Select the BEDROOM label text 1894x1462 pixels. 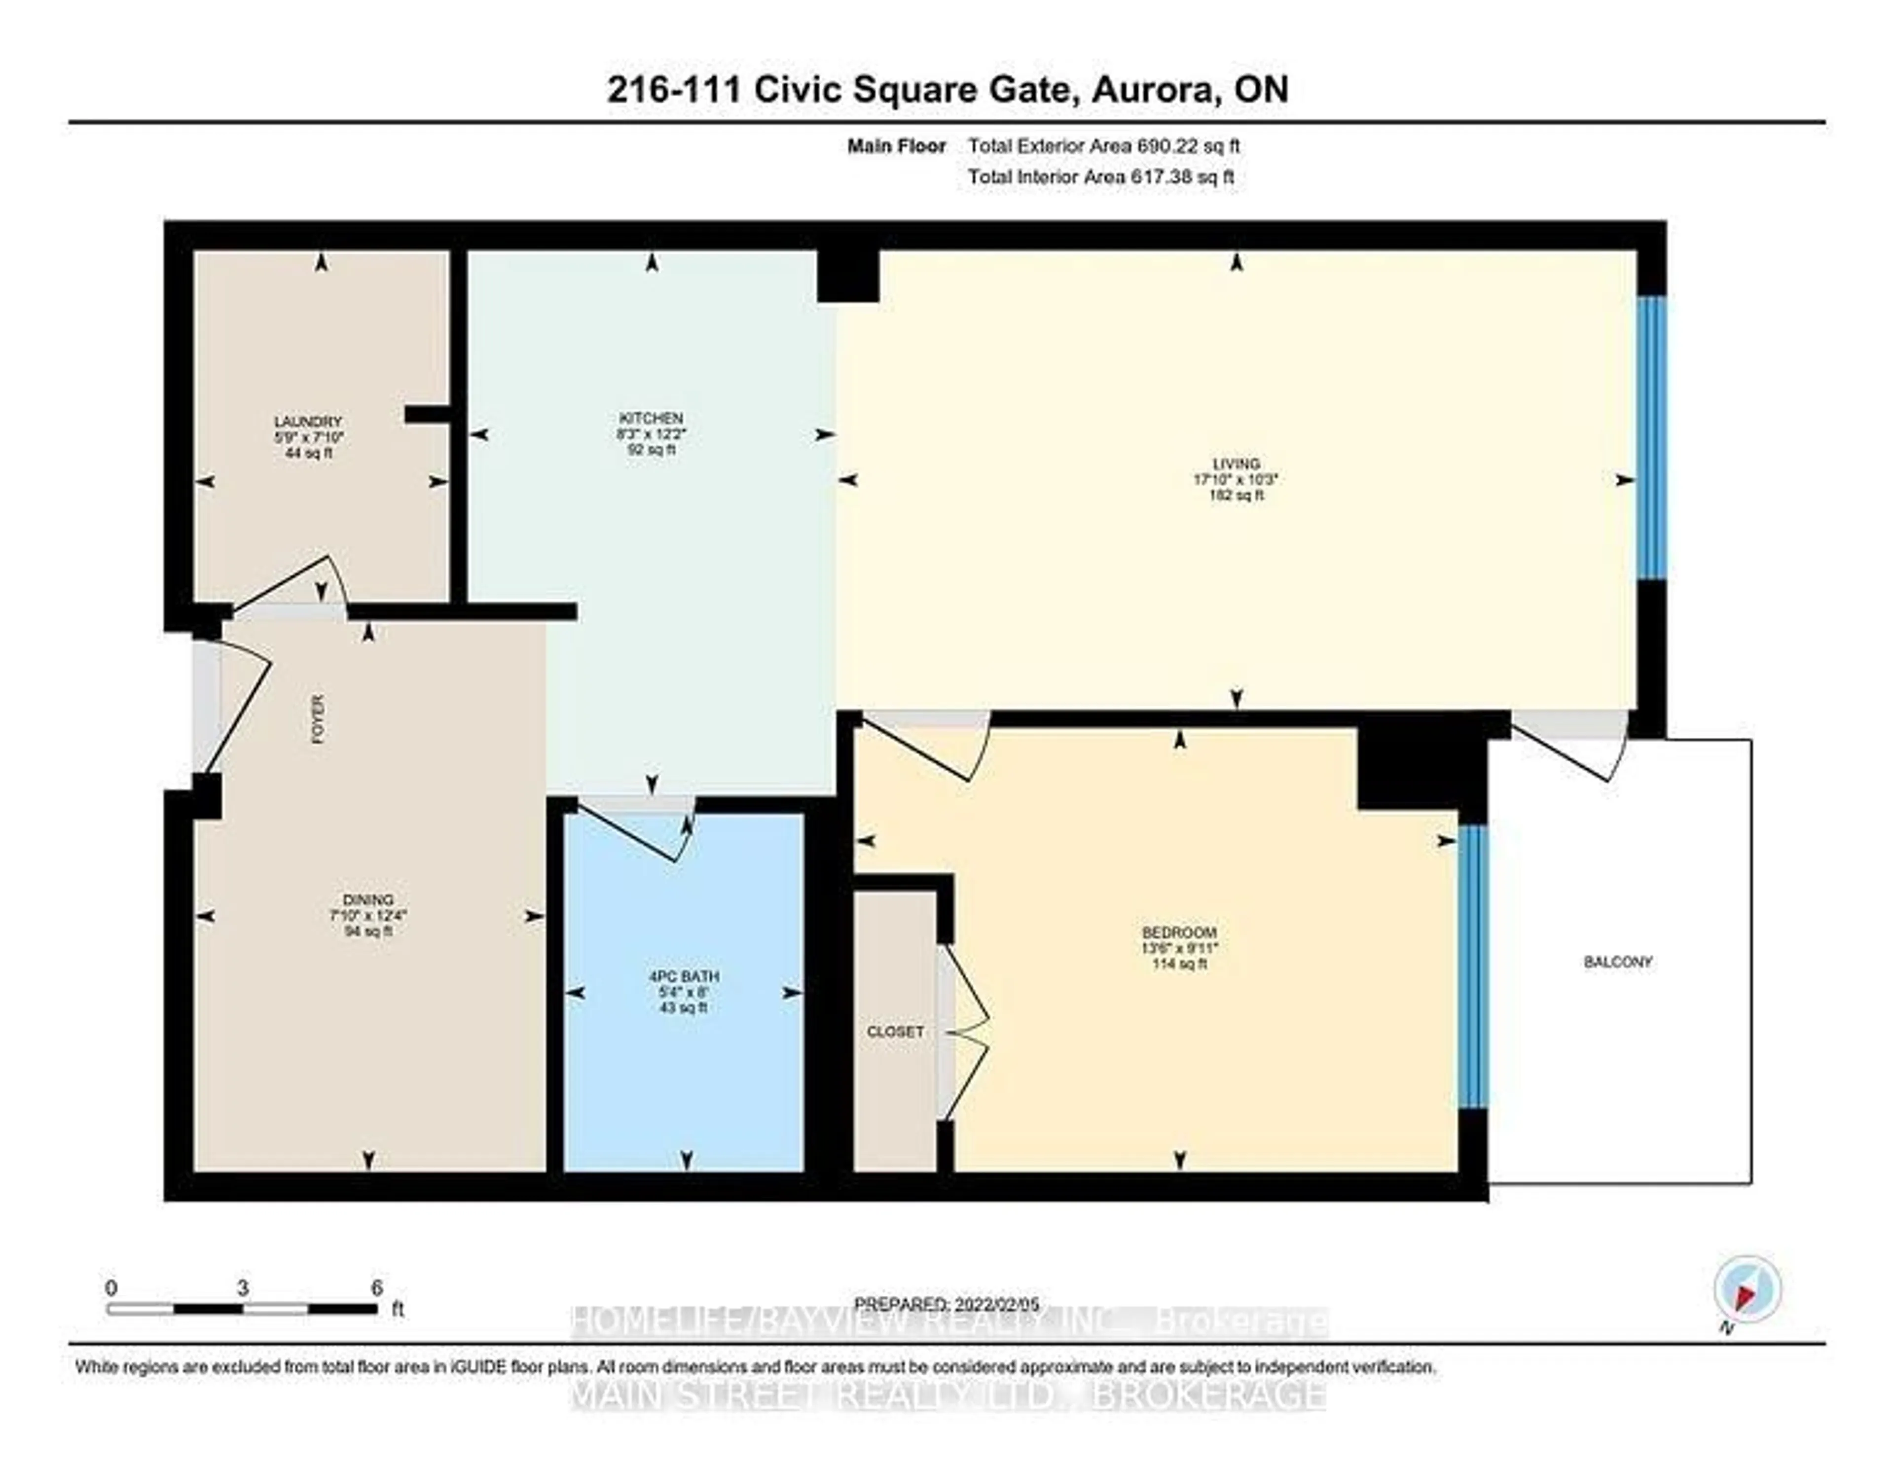(x=1179, y=932)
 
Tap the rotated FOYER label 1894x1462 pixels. (x=318, y=719)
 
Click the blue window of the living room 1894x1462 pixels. (x=1651, y=438)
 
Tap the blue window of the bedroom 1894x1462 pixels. (x=1472, y=967)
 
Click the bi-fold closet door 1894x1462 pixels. (x=967, y=1032)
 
